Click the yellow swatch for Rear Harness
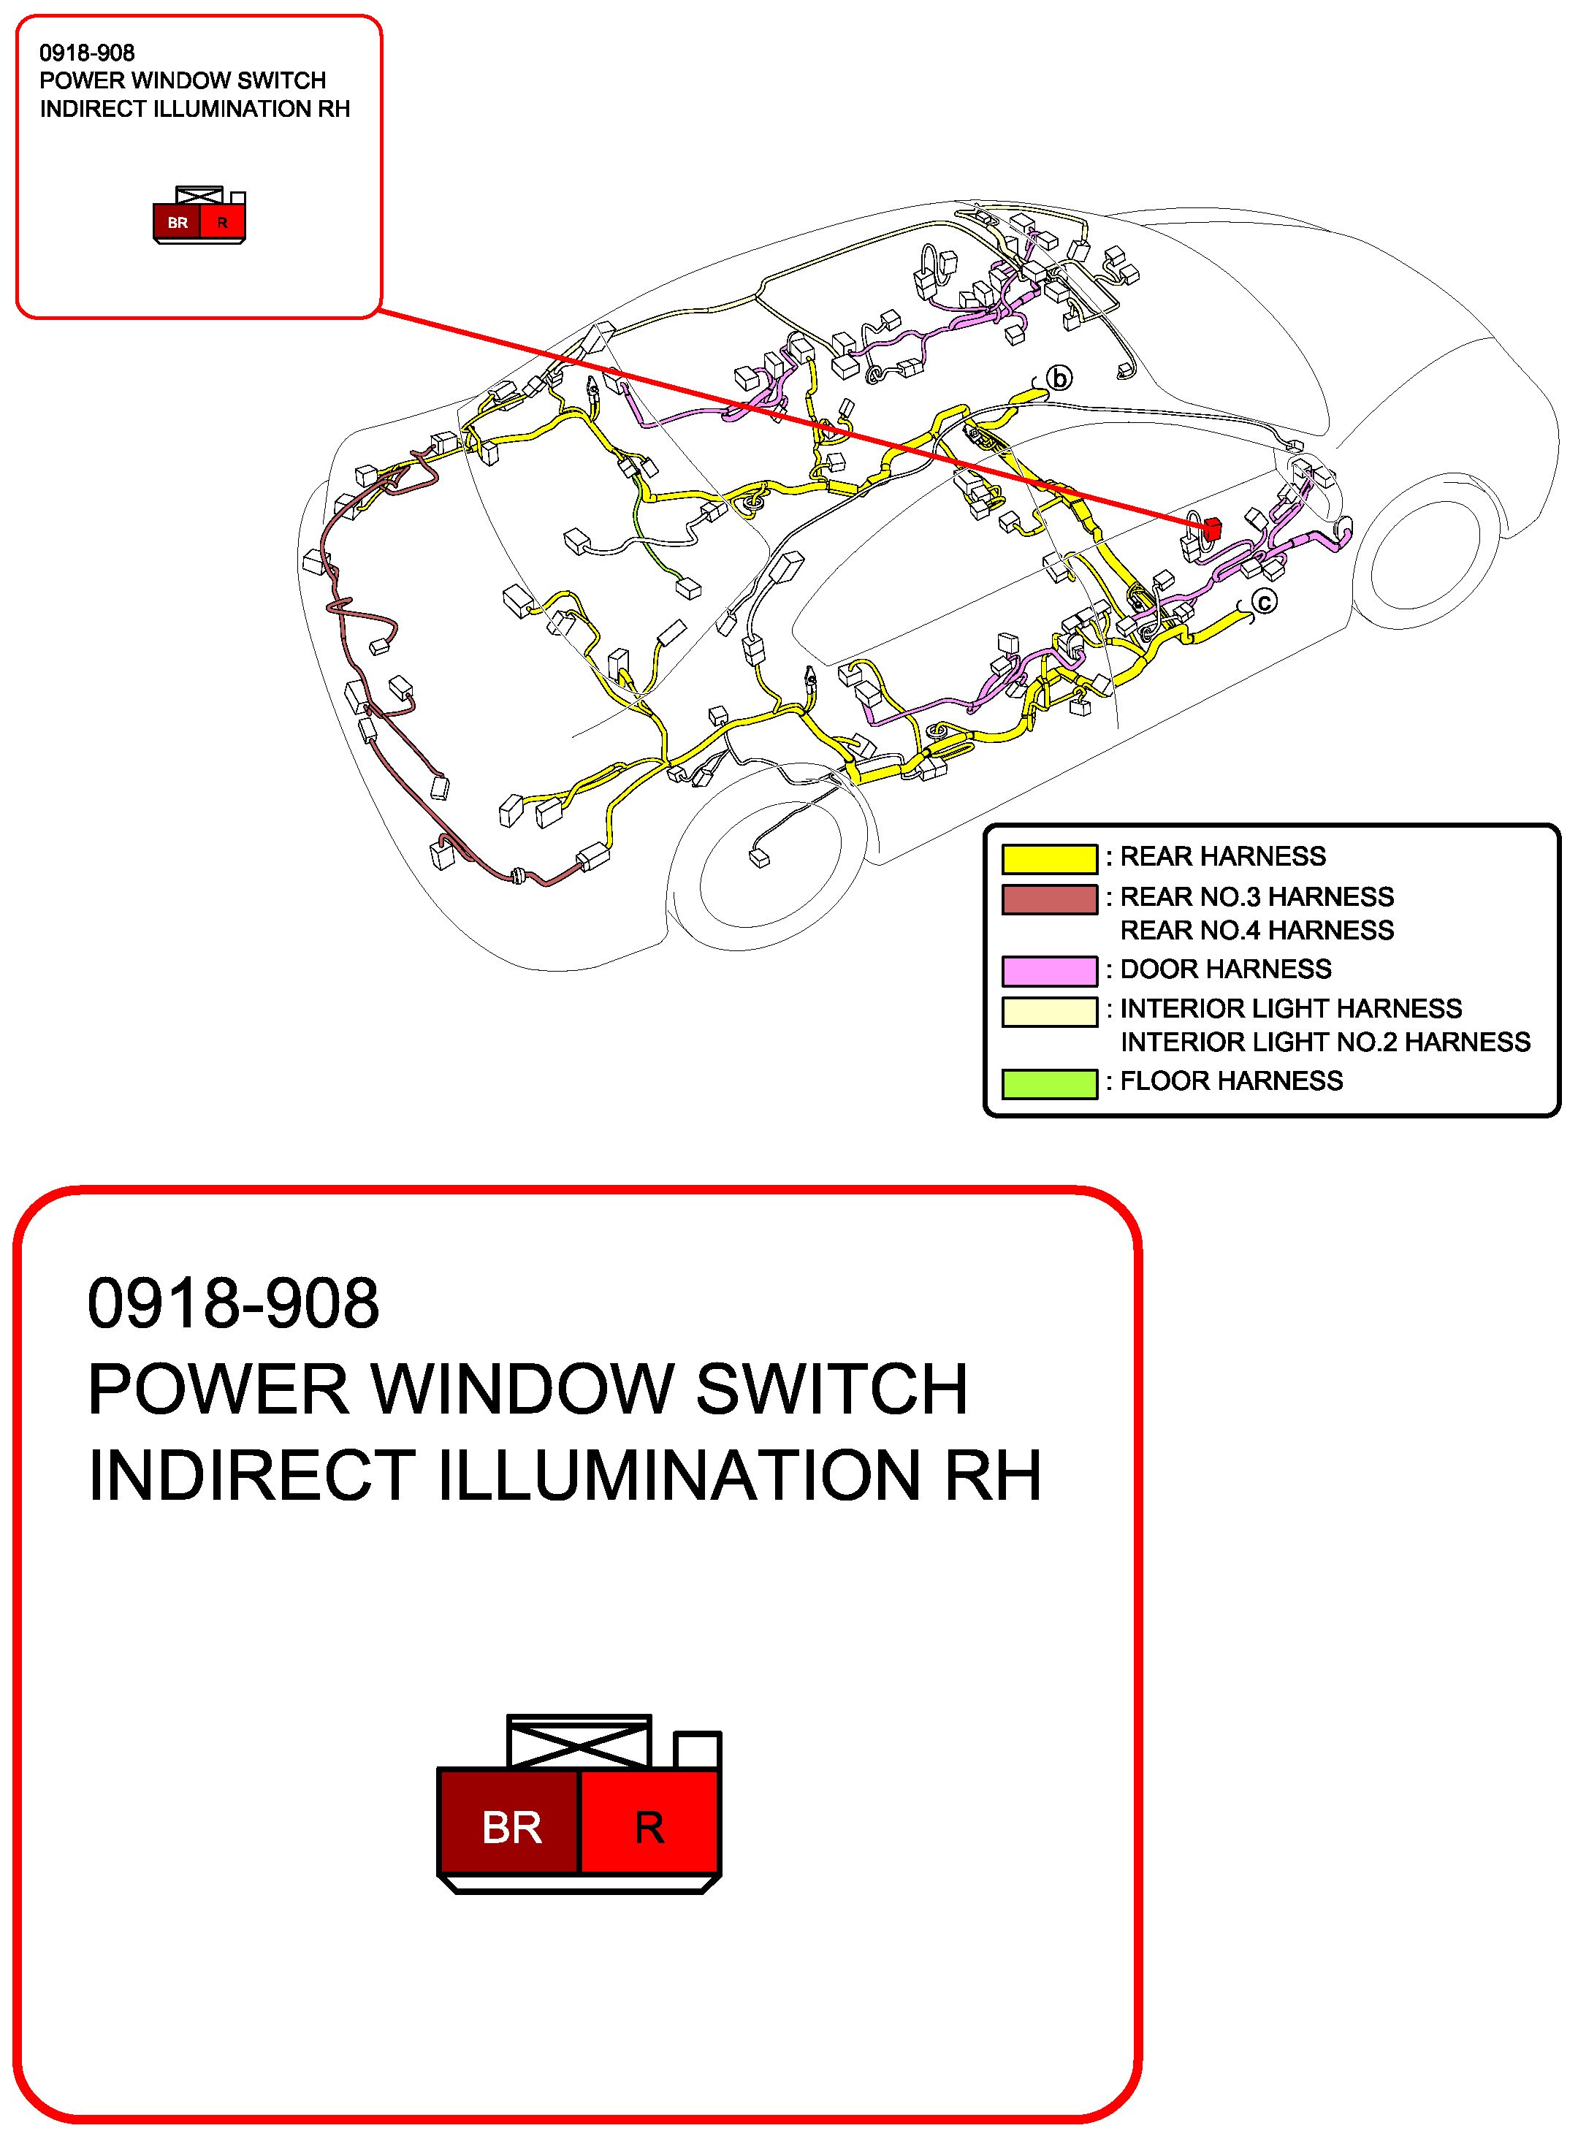pyautogui.click(x=1049, y=858)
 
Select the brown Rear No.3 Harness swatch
pyautogui.click(x=1049, y=899)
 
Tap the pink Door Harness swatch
pyautogui.click(x=1049, y=971)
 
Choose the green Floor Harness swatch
pyautogui.click(x=1049, y=1084)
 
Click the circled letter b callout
pyautogui.click(x=1059, y=378)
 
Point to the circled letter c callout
pyautogui.click(x=1264, y=602)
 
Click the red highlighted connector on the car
pyautogui.click(x=1211, y=528)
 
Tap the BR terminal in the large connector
pyautogui.click(x=510, y=1828)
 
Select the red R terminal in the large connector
pyautogui.click(x=649, y=1828)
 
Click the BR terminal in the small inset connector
pyautogui.click(x=178, y=223)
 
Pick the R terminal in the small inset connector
pyautogui.click(x=223, y=223)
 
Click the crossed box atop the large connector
pyautogui.click(x=579, y=1741)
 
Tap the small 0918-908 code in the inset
pyautogui.click(x=87, y=53)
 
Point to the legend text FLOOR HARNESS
pyautogui.click(x=1231, y=1081)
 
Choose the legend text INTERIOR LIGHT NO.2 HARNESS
pyautogui.click(x=1325, y=1042)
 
